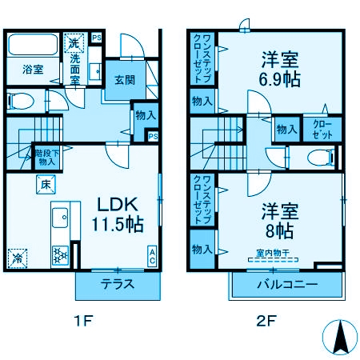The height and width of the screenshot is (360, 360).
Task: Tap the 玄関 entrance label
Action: (x=124, y=80)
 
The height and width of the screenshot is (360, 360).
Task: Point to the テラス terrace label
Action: (x=117, y=284)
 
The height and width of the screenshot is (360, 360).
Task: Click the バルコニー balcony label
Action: (x=287, y=285)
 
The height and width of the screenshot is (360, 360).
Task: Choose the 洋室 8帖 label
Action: (x=279, y=221)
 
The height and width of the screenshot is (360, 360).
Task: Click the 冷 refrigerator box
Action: (x=17, y=258)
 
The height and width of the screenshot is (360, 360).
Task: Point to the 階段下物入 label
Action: (x=46, y=157)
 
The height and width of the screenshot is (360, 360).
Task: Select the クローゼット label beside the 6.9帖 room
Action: (x=322, y=129)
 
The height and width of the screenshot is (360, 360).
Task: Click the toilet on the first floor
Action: (x=21, y=102)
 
